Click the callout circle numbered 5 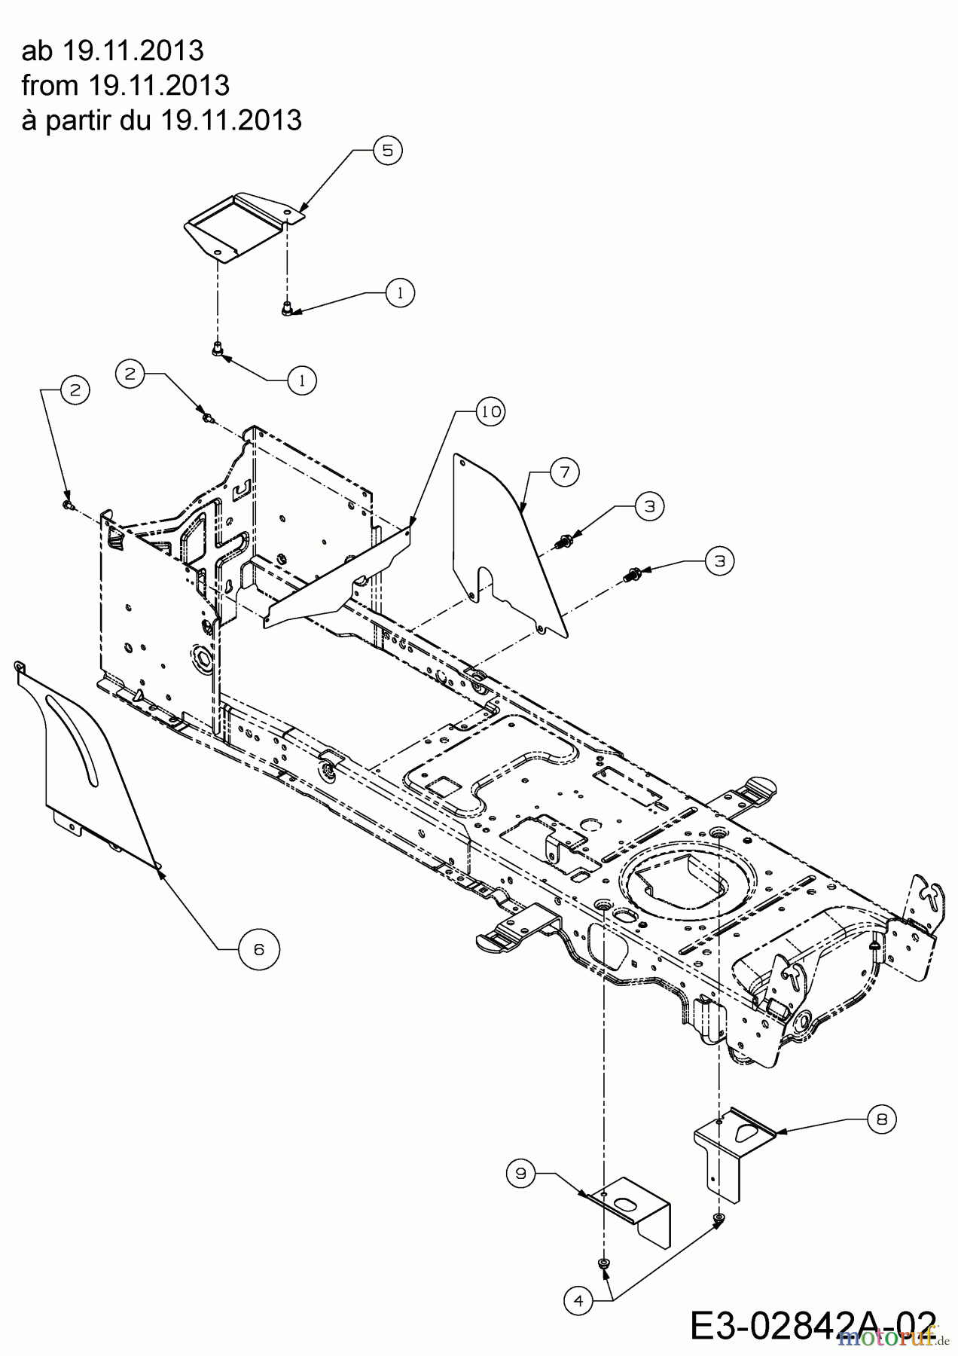pos(387,150)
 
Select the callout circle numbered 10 pos(490,411)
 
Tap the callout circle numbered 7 pos(565,472)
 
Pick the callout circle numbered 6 pos(258,949)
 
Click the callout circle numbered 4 pos(578,1300)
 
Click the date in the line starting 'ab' pos(133,50)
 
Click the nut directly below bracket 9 pos(603,1263)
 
